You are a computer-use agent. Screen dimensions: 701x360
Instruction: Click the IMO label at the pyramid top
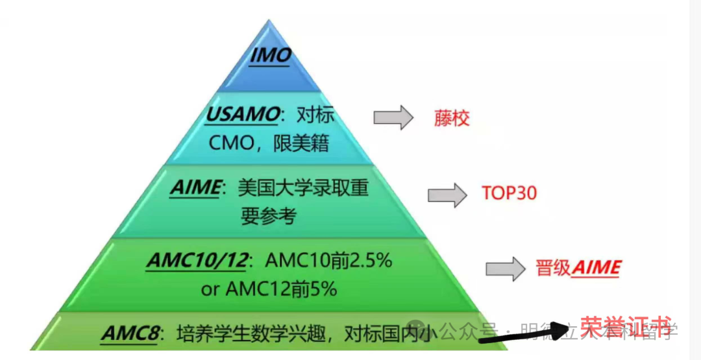click(270, 56)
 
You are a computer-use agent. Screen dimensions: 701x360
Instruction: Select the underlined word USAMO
click(242, 115)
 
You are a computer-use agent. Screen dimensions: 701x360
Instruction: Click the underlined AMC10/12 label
click(197, 261)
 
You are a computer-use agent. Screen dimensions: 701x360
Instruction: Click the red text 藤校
click(451, 119)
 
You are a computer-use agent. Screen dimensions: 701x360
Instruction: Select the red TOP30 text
click(509, 193)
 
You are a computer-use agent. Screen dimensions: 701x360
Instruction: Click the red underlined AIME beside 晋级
click(596, 268)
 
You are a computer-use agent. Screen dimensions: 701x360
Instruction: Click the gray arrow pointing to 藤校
click(393, 117)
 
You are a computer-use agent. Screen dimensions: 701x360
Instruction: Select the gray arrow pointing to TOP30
click(447, 194)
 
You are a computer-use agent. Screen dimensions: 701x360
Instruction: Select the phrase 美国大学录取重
click(303, 188)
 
